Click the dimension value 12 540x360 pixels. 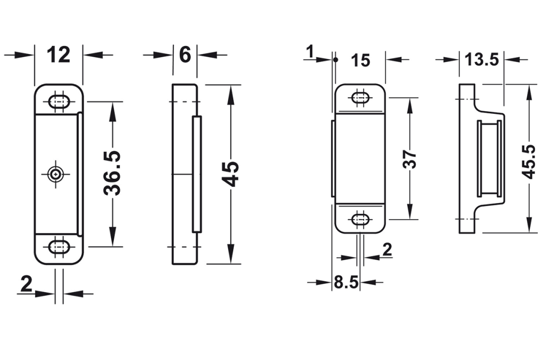click(x=59, y=55)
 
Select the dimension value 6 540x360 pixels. click(x=185, y=55)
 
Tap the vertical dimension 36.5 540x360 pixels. click(x=112, y=173)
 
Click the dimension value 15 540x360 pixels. click(x=360, y=60)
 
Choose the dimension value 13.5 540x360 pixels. click(x=482, y=60)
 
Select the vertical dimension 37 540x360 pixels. click(x=410, y=159)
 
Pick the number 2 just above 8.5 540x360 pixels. click(x=387, y=249)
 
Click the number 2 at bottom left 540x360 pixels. click(x=26, y=284)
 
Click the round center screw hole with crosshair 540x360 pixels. click(x=55, y=174)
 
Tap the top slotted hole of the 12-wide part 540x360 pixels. click(x=58, y=101)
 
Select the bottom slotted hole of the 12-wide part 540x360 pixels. click(x=58, y=247)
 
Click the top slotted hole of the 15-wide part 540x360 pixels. click(x=360, y=98)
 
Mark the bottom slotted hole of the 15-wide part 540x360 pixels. click(x=360, y=220)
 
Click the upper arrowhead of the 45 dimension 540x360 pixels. click(x=231, y=92)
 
